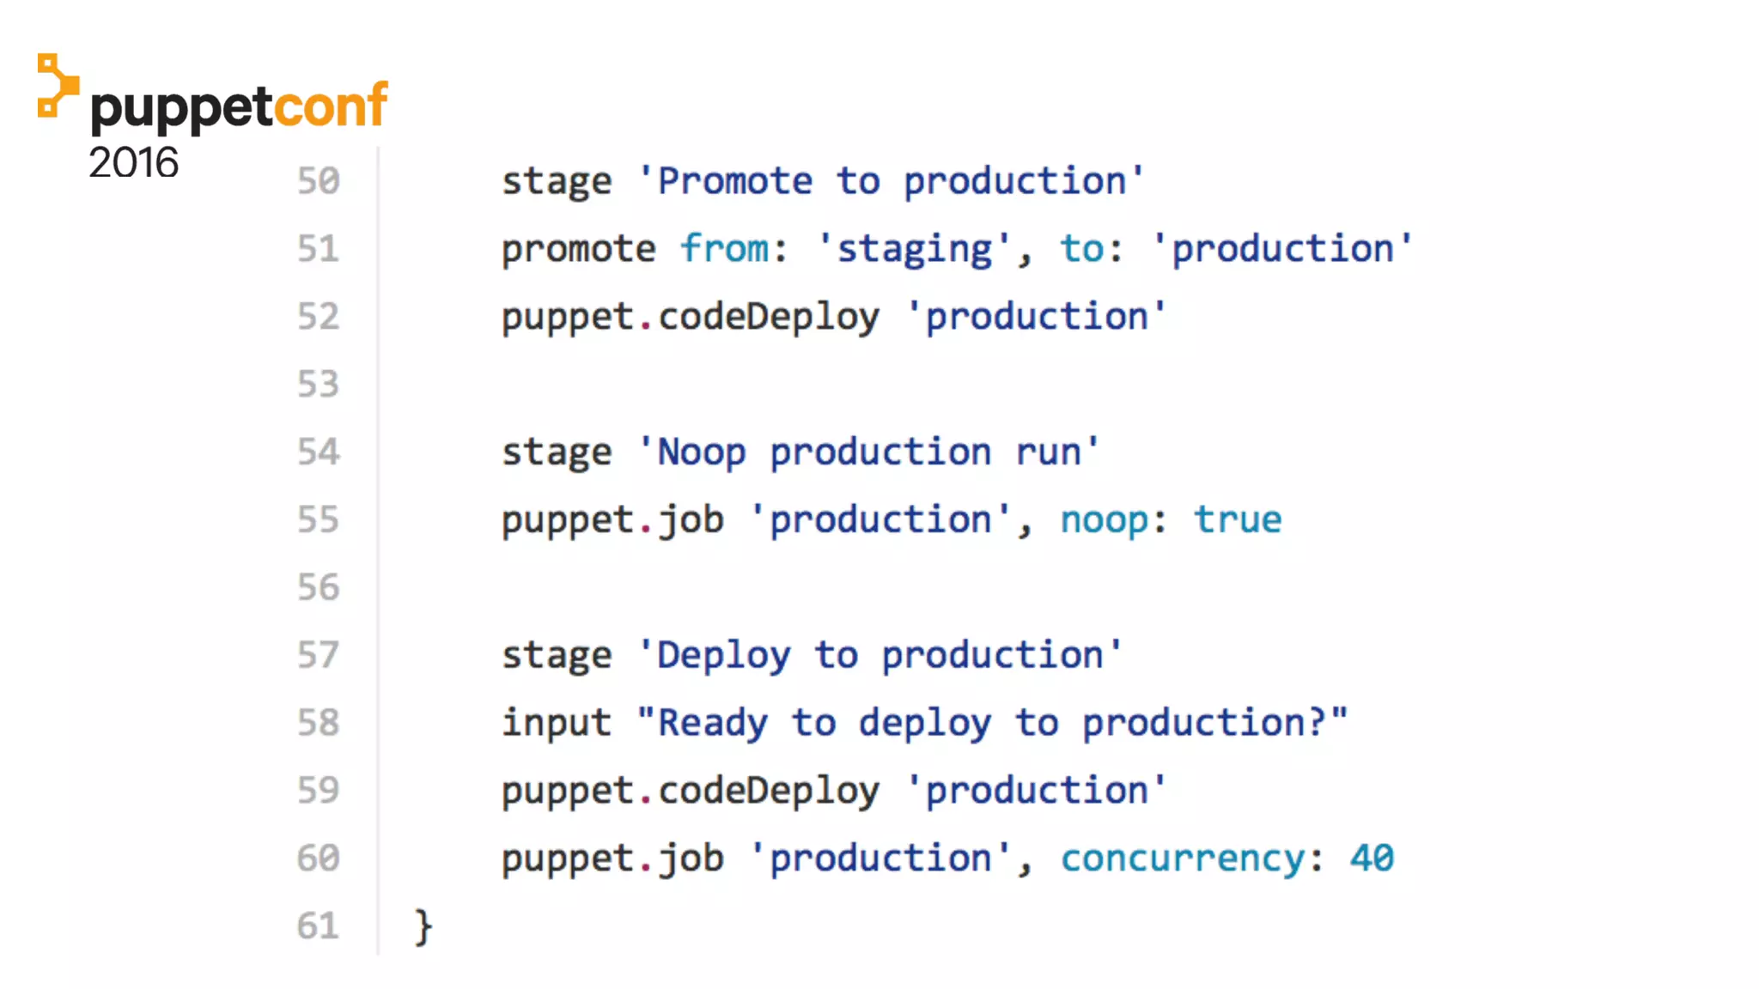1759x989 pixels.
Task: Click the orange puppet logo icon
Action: [58, 86]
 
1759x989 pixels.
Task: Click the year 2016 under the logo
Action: [133, 163]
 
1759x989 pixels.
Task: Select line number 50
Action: [319, 181]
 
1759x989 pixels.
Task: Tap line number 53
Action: [319, 385]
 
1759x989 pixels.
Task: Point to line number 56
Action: [319, 588]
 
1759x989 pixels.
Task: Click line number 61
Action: [319, 926]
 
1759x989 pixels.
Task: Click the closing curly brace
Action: [423, 927]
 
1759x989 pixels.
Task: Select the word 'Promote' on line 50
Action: [734, 181]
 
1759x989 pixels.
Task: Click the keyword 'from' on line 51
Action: [724, 249]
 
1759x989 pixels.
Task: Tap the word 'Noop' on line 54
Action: [701, 452]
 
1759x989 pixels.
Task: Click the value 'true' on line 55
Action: [1237, 520]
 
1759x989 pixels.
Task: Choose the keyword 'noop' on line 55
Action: [1104, 520]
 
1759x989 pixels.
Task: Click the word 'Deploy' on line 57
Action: [723, 656]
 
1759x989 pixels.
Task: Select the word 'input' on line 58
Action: [557, 723]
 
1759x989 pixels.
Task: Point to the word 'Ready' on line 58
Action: [712, 723]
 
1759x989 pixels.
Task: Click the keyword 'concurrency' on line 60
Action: [1183, 859]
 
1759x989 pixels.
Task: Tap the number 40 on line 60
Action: [1372, 859]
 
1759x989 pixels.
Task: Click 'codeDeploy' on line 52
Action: [769, 317]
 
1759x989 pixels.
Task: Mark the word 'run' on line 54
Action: [1048, 452]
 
